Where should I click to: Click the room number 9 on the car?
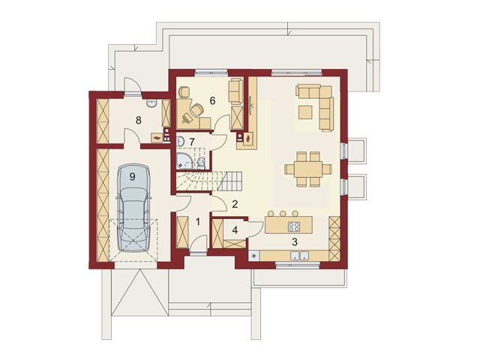pyautogui.click(x=132, y=177)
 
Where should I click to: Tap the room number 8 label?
pyautogui.click(x=138, y=120)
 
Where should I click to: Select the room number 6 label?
pyautogui.click(x=212, y=100)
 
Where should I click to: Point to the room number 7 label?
pyautogui.click(x=192, y=142)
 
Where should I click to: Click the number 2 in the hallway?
pyautogui.click(x=235, y=204)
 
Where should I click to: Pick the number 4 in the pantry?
pyautogui.click(x=235, y=230)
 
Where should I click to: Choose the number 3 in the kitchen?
pyautogui.click(x=295, y=241)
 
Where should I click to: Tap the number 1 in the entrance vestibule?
pyautogui.click(x=198, y=222)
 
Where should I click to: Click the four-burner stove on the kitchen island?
pyautogui.click(x=294, y=226)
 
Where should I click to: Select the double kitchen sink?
pyautogui.click(x=299, y=255)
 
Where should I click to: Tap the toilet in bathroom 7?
pyautogui.click(x=201, y=163)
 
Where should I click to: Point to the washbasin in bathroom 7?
pyautogui.click(x=180, y=141)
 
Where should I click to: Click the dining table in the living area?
pyautogui.click(x=308, y=169)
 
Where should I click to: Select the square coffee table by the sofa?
pyautogui.click(x=305, y=112)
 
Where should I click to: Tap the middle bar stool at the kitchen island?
pyautogui.click(x=283, y=213)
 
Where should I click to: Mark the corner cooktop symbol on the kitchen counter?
pyautogui.click(x=253, y=256)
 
